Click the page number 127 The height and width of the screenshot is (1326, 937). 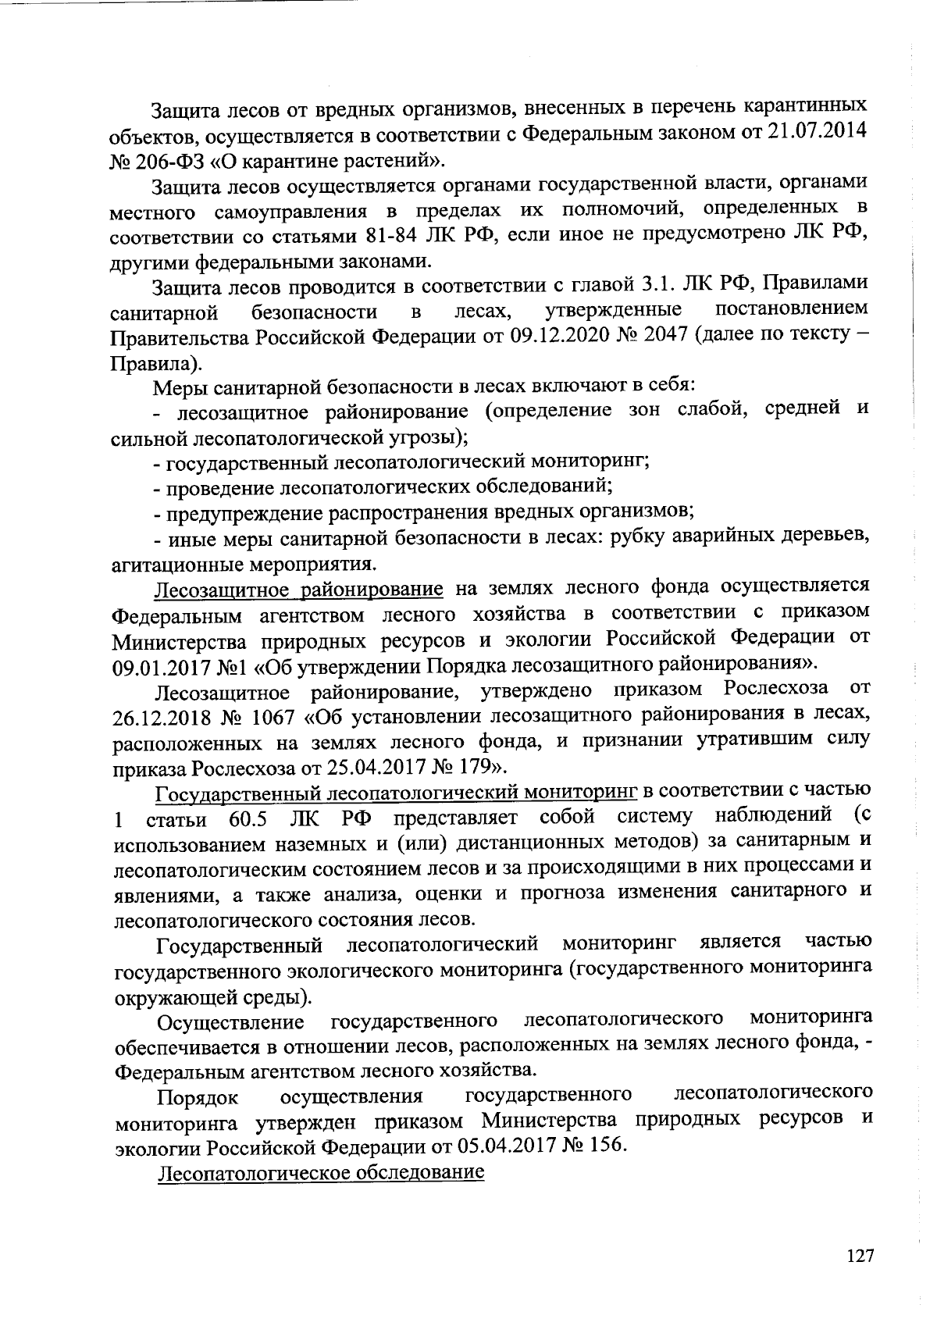(x=860, y=1256)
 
